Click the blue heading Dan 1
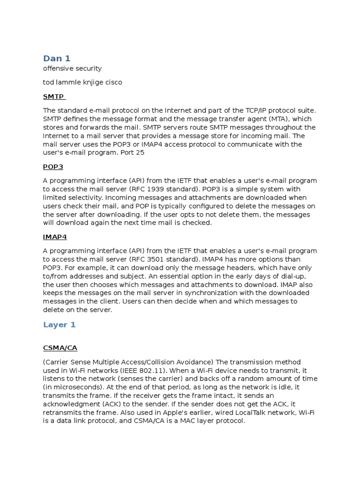pos(56,58)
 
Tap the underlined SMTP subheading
pos(53,96)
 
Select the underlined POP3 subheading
pos(53,167)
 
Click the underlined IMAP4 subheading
pos(55,237)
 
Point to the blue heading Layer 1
pos(59,325)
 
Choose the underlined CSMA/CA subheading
pos(60,348)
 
